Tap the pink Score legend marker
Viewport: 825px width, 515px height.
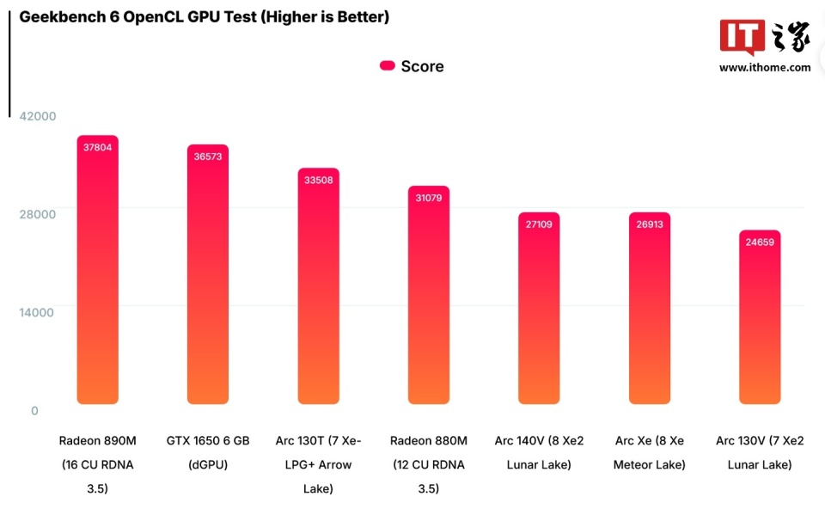[387, 66]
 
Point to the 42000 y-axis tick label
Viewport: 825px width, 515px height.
[37, 116]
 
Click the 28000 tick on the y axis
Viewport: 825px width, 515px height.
[37, 214]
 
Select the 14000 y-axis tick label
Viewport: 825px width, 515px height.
[37, 312]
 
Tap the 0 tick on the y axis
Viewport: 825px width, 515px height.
[34, 411]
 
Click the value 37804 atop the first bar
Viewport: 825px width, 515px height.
[97, 147]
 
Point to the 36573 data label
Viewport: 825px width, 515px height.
[208, 156]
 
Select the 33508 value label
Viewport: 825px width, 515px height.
[318, 180]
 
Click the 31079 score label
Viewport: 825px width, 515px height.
[429, 198]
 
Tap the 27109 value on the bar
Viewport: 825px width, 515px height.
[539, 224]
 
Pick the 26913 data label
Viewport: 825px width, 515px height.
[649, 224]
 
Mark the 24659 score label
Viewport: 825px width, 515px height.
[760, 242]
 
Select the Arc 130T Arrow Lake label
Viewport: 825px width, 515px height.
[318, 465]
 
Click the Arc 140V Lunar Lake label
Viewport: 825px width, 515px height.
[539, 452]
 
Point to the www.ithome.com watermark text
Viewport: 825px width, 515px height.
[765, 67]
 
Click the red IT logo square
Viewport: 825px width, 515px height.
[742, 37]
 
